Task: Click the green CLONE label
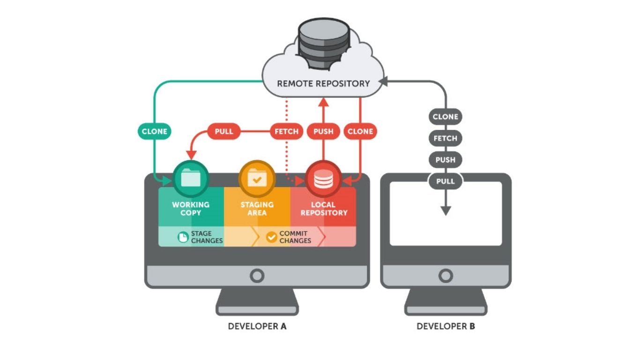click(155, 131)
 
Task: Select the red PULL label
click(223, 131)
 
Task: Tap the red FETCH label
click(286, 131)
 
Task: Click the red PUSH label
click(323, 131)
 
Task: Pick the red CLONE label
click(360, 131)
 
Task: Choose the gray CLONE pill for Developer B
click(445, 117)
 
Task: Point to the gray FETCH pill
click(445, 138)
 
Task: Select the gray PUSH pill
click(445, 159)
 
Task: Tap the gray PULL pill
click(445, 181)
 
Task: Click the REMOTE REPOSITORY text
click(323, 83)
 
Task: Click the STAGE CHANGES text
click(207, 237)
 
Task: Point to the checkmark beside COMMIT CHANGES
click(272, 237)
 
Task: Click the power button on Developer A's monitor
click(257, 275)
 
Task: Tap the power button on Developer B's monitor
click(446, 275)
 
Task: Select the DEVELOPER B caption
click(446, 326)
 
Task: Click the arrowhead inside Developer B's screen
click(446, 211)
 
